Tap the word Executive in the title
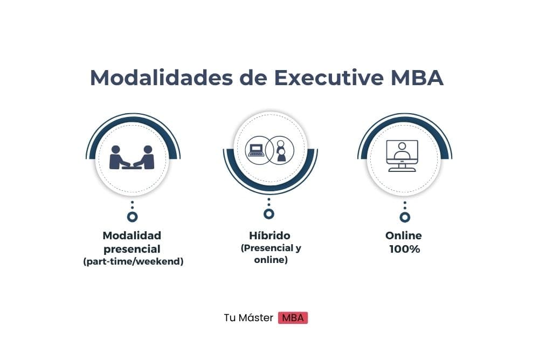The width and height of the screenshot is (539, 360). click(x=329, y=78)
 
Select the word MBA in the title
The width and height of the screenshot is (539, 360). click(x=417, y=78)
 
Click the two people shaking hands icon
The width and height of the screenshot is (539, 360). click(x=132, y=157)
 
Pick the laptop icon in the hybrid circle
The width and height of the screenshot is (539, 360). click(x=255, y=150)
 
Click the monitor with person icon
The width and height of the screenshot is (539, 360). click(x=402, y=155)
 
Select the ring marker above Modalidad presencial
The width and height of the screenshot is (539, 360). click(x=133, y=217)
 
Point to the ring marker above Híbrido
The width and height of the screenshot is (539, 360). click(x=269, y=214)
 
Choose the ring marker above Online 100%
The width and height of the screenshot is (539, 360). click(x=405, y=217)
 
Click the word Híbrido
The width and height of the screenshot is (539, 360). click(x=269, y=236)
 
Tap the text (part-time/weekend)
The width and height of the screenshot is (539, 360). click(x=133, y=261)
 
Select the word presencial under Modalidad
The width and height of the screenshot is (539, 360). click(x=132, y=249)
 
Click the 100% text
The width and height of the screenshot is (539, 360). click(x=405, y=249)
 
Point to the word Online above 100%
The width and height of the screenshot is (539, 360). click(x=404, y=236)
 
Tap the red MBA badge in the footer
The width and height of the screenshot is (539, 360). click(x=293, y=318)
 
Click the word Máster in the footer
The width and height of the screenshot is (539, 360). click(x=255, y=318)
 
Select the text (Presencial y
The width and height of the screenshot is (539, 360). click(x=271, y=248)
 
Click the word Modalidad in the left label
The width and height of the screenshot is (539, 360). click(x=132, y=236)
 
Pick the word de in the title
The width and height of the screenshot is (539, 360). click(x=254, y=78)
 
